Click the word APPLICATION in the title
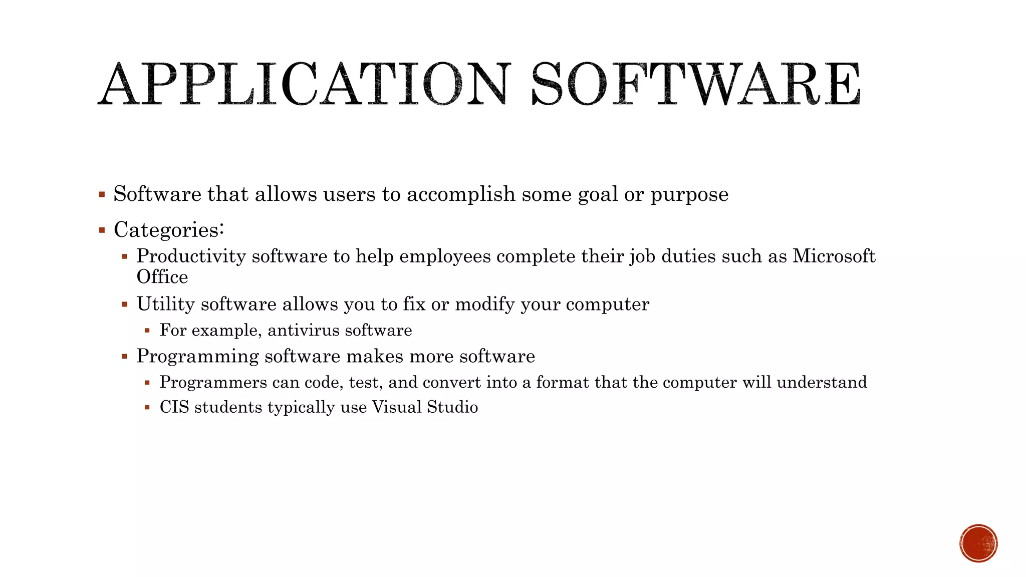tap(304, 84)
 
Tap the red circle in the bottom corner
tap(978, 543)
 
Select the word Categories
tap(166, 230)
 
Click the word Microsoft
tap(834, 256)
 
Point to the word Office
tap(162, 277)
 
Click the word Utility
tap(165, 304)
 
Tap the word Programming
tap(197, 357)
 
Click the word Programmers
tap(213, 382)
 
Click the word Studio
tap(452, 407)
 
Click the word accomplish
tap(461, 194)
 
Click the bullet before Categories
tap(102, 230)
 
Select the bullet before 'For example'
tap(147, 331)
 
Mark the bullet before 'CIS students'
tap(147, 407)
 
